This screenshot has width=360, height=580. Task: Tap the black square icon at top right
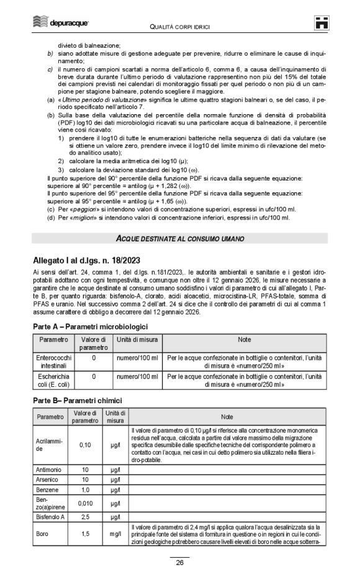point(320,23)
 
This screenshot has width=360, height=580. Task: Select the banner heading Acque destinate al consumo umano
point(179,238)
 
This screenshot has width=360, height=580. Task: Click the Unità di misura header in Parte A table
point(137,340)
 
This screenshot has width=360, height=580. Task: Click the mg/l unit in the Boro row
point(115,533)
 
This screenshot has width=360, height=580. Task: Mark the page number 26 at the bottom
point(179,563)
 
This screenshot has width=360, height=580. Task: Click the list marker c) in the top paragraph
point(50,69)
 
